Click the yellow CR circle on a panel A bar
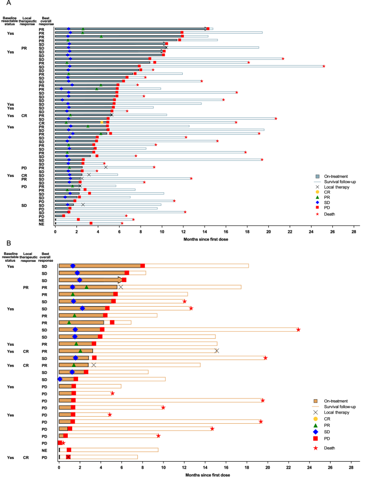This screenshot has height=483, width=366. [102, 122]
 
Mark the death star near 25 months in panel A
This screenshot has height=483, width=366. [324, 66]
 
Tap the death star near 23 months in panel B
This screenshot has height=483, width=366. [298, 330]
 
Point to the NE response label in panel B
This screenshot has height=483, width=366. [44, 450]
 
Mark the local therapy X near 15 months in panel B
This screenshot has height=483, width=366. [217, 350]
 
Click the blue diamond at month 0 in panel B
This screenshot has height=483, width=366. [60, 379]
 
